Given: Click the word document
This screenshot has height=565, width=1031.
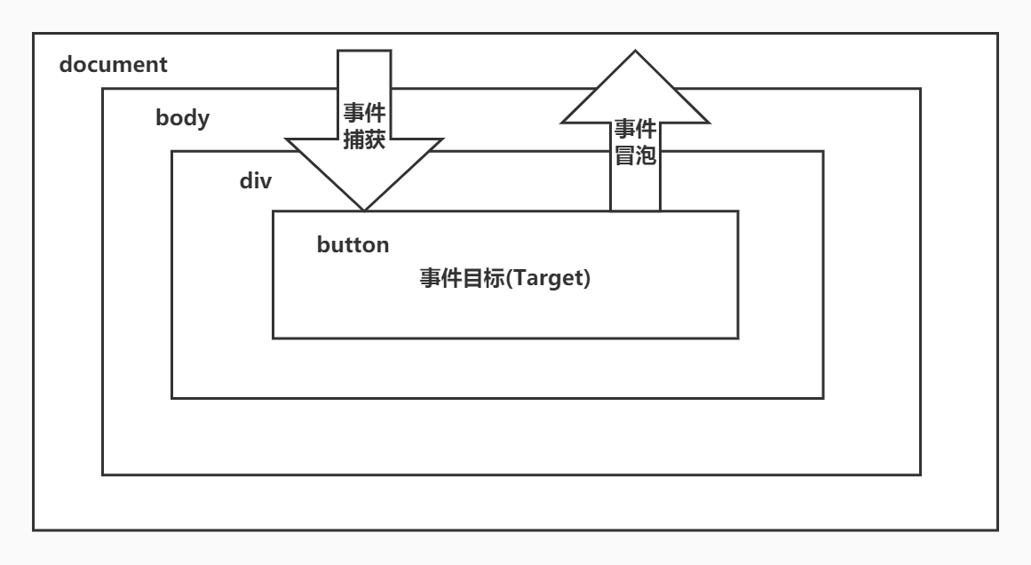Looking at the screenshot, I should click(x=113, y=65).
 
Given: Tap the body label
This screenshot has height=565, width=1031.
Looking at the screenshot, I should click(x=183, y=118).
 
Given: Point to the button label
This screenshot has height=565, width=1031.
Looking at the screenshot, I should click(x=353, y=245).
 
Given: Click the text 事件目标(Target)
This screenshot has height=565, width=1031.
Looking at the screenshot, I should click(x=505, y=277).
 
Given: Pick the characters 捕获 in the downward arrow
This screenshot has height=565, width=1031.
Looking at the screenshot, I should click(x=364, y=139).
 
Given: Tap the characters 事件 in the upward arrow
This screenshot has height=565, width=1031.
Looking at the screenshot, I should click(x=635, y=130).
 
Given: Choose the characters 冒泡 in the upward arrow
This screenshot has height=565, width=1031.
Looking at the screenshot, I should click(x=635, y=155).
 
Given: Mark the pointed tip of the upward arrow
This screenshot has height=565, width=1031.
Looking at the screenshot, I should click(x=635, y=52).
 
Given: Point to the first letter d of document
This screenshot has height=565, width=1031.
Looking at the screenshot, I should click(x=66, y=65).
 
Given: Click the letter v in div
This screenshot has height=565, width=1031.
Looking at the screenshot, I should click(x=266, y=181).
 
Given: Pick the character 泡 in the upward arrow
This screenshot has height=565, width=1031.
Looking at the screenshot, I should click(x=646, y=155).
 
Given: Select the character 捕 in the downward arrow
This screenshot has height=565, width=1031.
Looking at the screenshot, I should click(x=353, y=139).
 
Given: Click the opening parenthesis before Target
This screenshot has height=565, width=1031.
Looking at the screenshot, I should click(x=522, y=277).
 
